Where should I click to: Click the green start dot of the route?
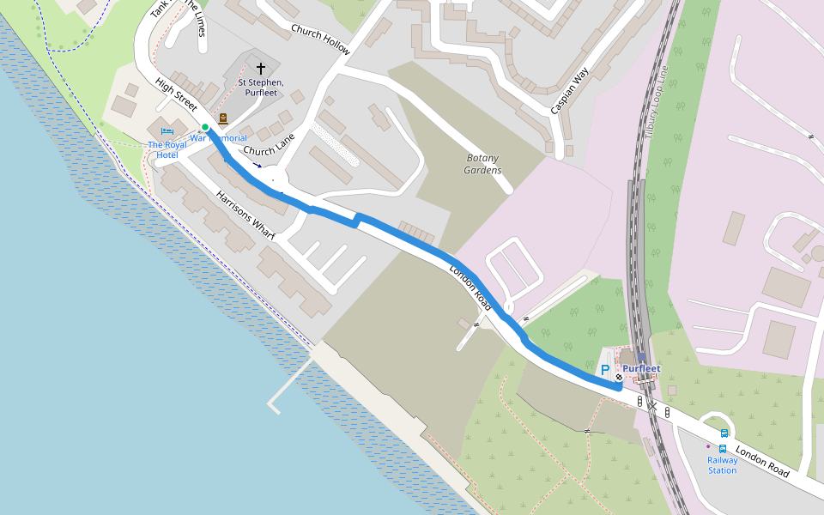pos(205,127)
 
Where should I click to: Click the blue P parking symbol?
pos(605,371)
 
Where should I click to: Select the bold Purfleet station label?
pos(641,369)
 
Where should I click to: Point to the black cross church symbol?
pos(261,68)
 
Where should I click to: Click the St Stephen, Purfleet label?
pos(261,88)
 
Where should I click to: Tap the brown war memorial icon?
pos(223,118)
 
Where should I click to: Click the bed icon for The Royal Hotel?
pos(167,130)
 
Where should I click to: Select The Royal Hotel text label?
pos(167,149)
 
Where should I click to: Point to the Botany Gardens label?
pos(483,164)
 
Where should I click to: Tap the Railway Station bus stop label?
pos(722,464)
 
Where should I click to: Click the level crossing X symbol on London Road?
pos(652,405)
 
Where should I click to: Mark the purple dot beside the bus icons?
pos(708,446)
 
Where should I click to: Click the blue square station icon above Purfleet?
pos(641,356)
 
